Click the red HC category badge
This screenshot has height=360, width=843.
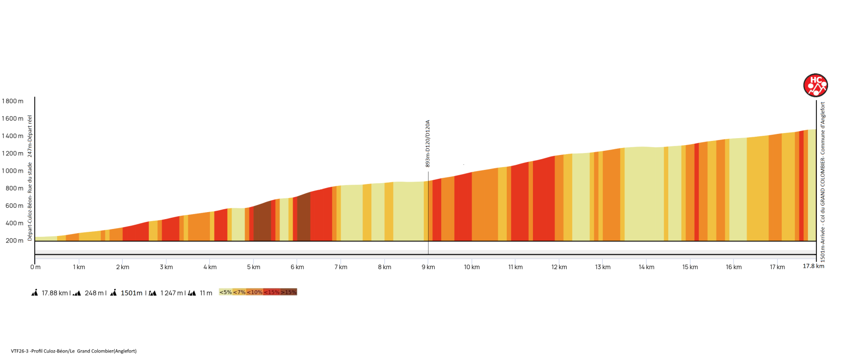click(x=815, y=85)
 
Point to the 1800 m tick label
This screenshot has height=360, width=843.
click(x=13, y=101)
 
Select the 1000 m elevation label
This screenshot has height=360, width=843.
click(x=13, y=171)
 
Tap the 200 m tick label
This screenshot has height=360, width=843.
click(x=14, y=241)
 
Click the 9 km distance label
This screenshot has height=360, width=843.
click(x=428, y=267)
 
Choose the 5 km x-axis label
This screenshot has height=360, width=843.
click(x=253, y=267)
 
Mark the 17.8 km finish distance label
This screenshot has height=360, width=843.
click(x=813, y=266)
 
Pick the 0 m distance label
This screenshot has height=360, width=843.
click(x=36, y=267)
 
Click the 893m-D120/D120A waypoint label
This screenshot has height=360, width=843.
click(x=428, y=144)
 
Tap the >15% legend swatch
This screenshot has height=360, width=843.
click(x=288, y=292)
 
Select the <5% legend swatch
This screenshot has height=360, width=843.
click(x=226, y=292)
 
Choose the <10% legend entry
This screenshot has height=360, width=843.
click(x=255, y=292)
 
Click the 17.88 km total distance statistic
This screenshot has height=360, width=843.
click(x=55, y=293)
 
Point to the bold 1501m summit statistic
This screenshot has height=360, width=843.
click(x=131, y=293)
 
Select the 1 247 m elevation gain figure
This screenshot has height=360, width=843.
click(x=171, y=293)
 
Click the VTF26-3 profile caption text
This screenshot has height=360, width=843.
click(x=74, y=351)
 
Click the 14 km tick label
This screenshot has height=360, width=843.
click(x=646, y=267)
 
